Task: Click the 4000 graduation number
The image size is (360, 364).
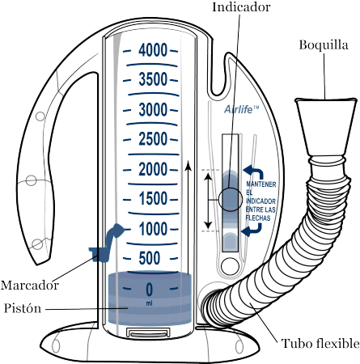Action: pyautogui.click(x=153, y=50)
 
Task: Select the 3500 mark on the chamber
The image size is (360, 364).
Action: pyautogui.click(x=153, y=79)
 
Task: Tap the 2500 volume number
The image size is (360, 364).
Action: pyautogui.click(x=153, y=139)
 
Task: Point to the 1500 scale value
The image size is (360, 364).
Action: pyautogui.click(x=153, y=199)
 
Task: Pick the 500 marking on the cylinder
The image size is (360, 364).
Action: pyautogui.click(x=150, y=258)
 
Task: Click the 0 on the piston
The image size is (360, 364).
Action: pyautogui.click(x=150, y=290)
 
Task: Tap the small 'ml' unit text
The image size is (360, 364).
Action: pyautogui.click(x=149, y=303)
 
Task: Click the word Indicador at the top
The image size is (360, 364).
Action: pyautogui.click(x=241, y=6)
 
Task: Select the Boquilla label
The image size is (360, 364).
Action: pyautogui.click(x=324, y=44)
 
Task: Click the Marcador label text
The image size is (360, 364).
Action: pyautogui.click(x=30, y=286)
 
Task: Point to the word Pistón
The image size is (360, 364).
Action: pyautogui.click(x=23, y=308)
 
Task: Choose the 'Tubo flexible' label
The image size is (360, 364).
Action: pyautogui.click(x=320, y=344)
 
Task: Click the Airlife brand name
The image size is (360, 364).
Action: pyautogui.click(x=242, y=109)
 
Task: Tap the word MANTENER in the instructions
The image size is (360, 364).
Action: pyautogui.click(x=261, y=184)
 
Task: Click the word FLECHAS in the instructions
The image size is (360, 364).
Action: pyautogui.click(x=258, y=218)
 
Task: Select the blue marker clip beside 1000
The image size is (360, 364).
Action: pyautogui.click(x=105, y=244)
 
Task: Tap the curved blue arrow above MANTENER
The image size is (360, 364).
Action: pyautogui.click(x=253, y=172)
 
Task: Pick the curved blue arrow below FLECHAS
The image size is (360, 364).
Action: pyautogui.click(x=252, y=230)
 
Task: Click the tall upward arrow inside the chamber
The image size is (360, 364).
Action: pyautogui.click(x=188, y=217)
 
